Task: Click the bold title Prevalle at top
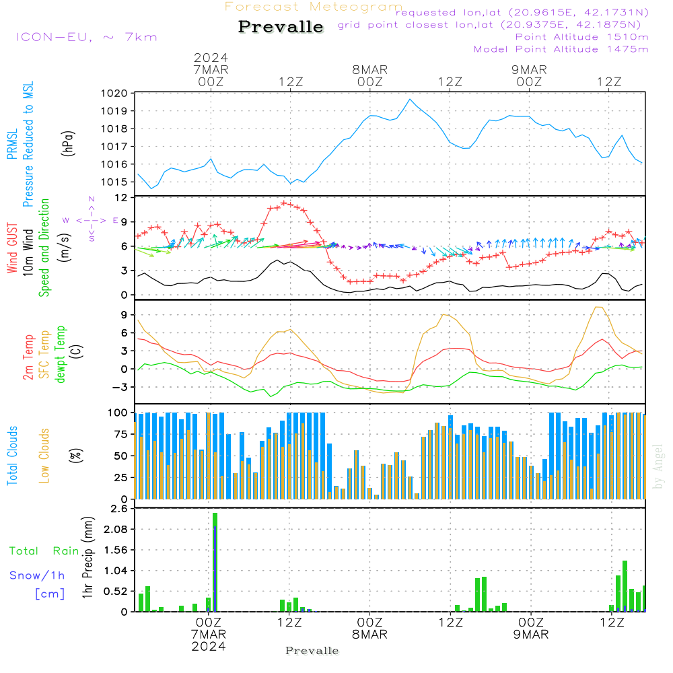(x=281, y=28)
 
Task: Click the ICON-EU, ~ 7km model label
(x=86, y=37)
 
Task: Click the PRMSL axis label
(x=12, y=145)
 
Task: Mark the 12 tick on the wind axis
(x=122, y=198)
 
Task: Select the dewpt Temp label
(x=61, y=355)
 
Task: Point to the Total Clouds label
(x=12, y=456)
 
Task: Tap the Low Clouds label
(x=44, y=456)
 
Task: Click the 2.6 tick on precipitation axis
(x=118, y=509)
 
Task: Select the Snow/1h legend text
(x=38, y=575)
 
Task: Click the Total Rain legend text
(x=44, y=551)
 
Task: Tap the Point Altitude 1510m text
(x=581, y=37)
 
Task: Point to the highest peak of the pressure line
(x=410, y=99)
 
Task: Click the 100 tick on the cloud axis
(x=117, y=413)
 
